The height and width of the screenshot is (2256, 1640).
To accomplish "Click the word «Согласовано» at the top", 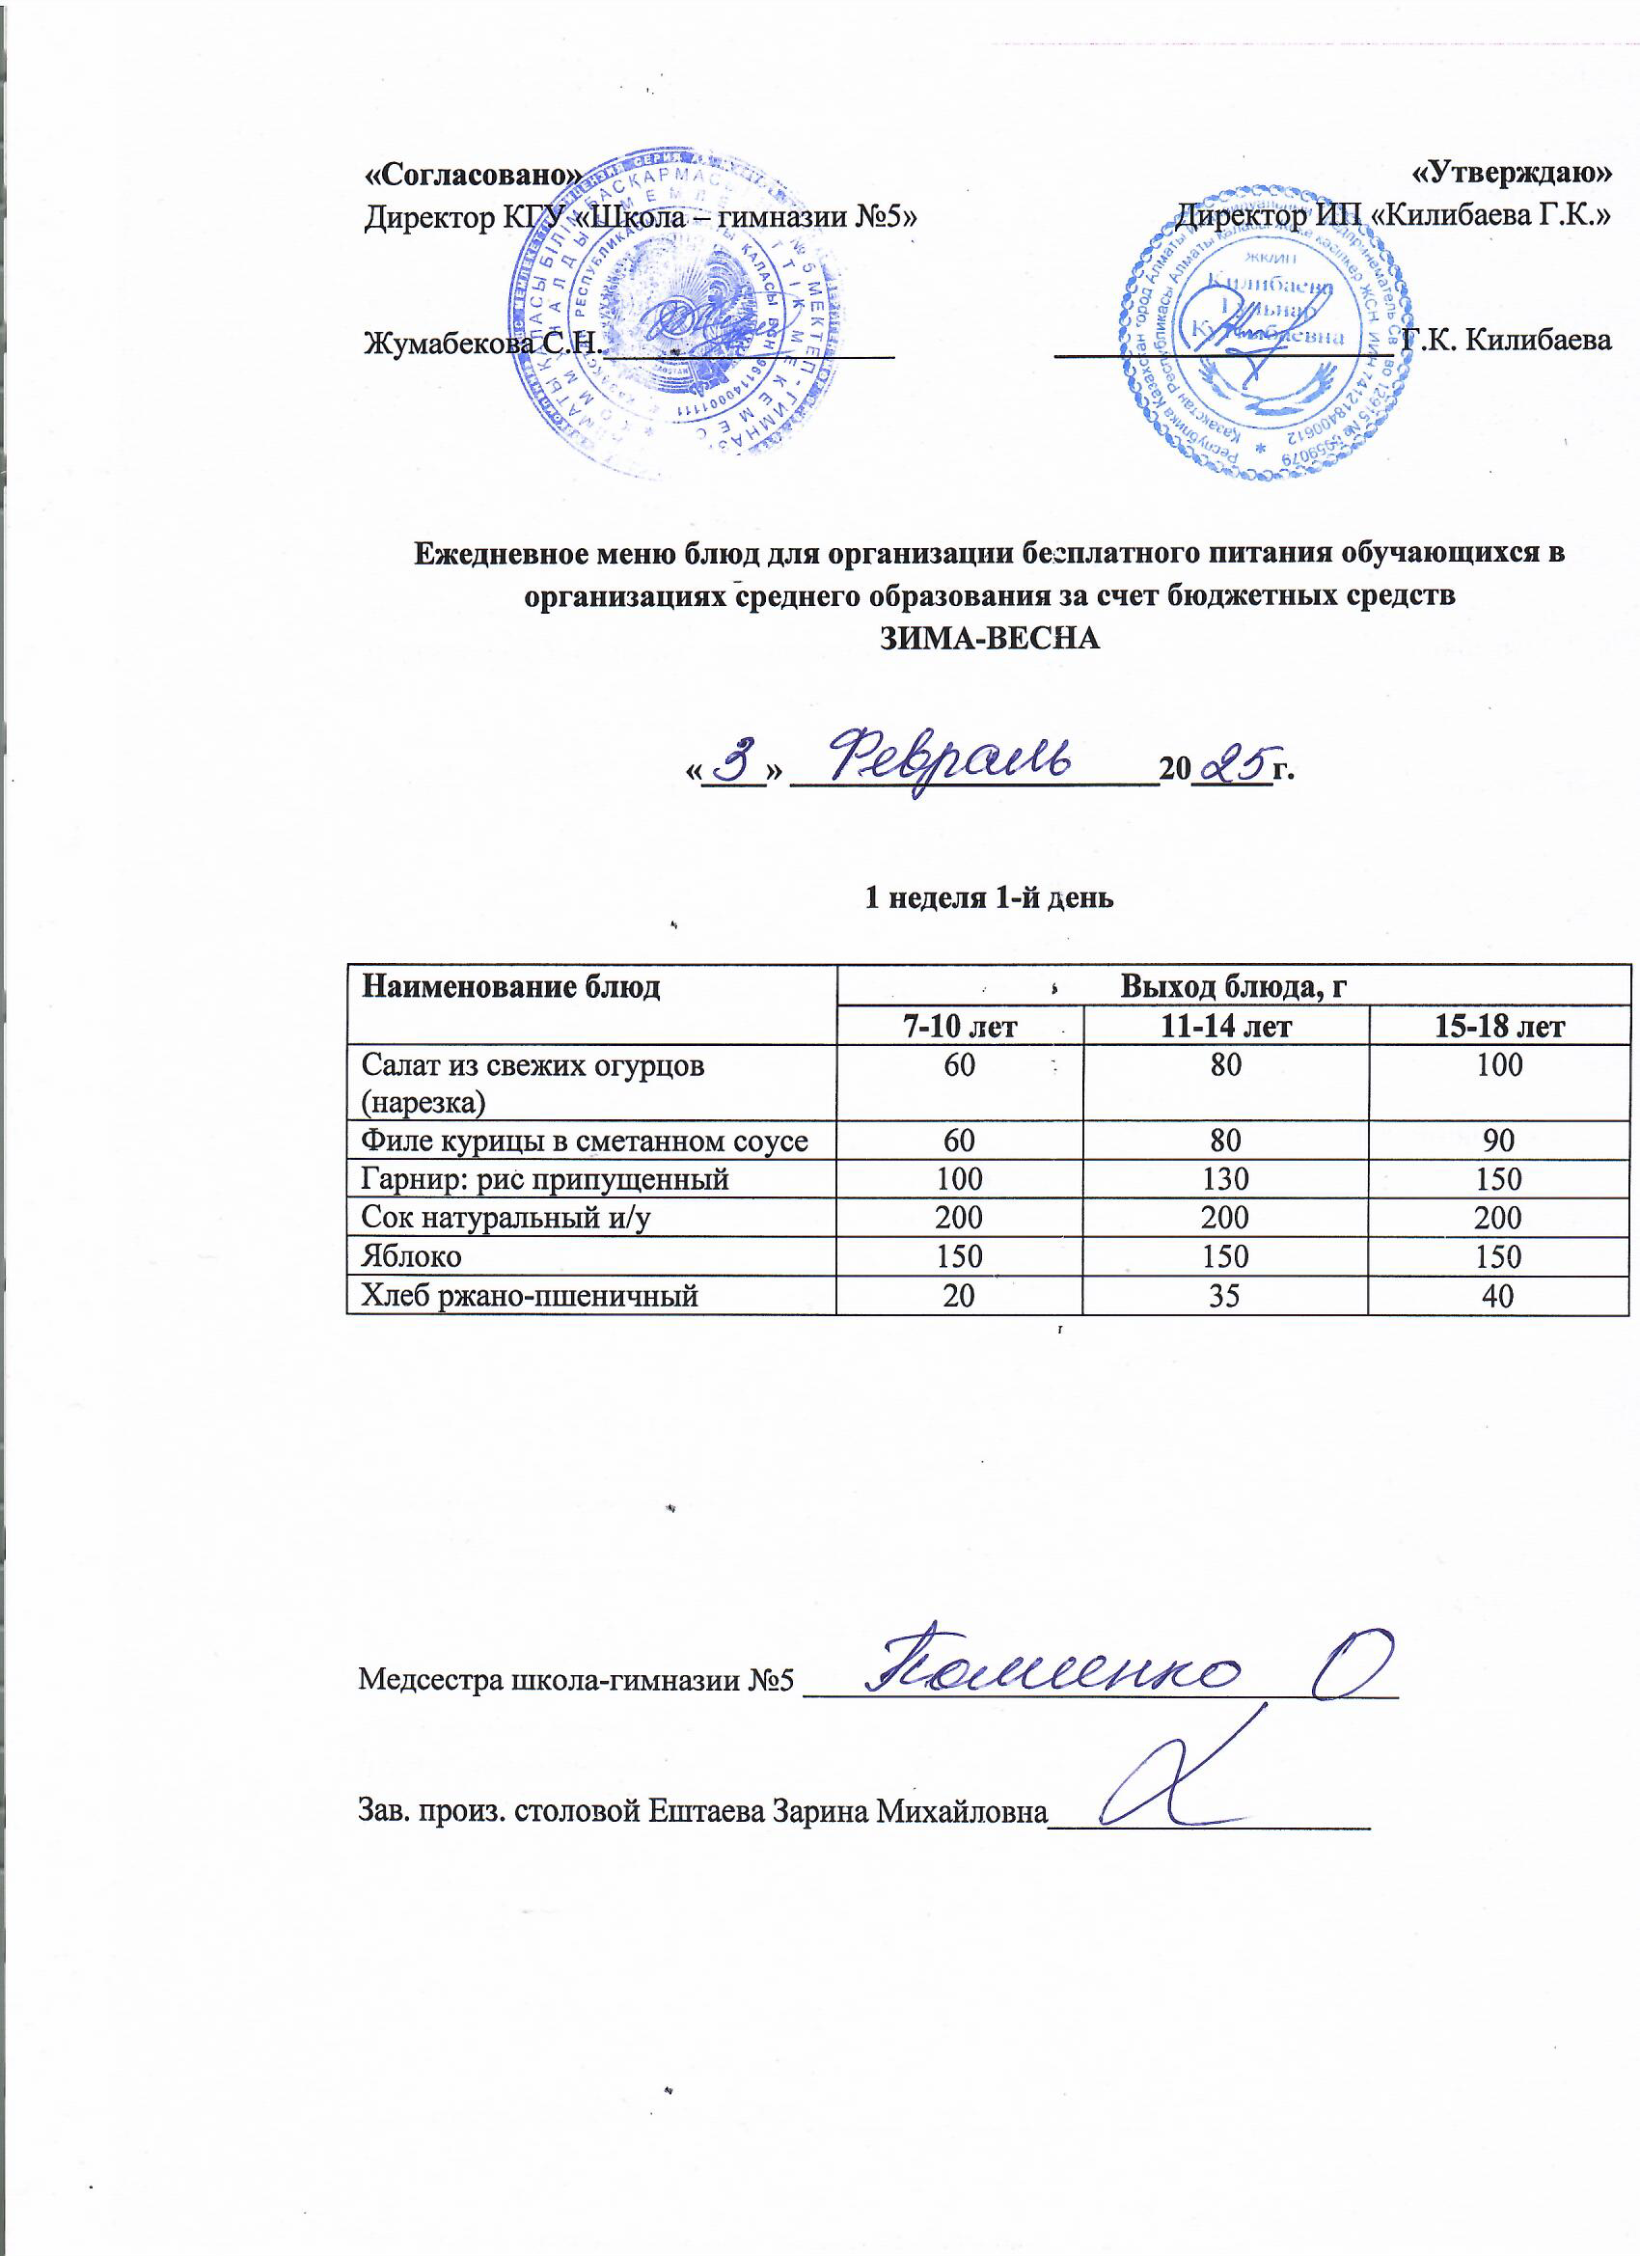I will point(474,174).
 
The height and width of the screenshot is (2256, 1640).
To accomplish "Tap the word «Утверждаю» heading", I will point(1512,172).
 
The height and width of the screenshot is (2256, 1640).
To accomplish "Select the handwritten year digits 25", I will point(1232,763).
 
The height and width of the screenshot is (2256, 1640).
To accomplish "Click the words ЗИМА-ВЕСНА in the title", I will point(991,638).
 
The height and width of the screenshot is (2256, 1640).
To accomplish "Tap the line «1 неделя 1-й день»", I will point(990,897).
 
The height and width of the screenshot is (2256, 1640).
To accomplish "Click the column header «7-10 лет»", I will point(959,1026).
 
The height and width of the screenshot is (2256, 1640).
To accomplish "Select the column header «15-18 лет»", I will point(1499,1026).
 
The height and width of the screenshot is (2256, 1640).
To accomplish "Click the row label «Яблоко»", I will point(412,1255).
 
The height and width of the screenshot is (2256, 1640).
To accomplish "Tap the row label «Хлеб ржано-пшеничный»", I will point(529,1295).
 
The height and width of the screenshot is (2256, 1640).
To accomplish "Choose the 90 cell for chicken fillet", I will point(1499,1140).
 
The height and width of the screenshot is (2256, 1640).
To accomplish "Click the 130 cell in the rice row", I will point(1225,1179).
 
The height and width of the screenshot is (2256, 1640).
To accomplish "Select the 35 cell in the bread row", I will point(1225,1295).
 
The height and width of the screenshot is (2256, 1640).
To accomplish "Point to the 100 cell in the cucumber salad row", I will point(1499,1064).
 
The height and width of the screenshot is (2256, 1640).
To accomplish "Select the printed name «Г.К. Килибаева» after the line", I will point(1506,341).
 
